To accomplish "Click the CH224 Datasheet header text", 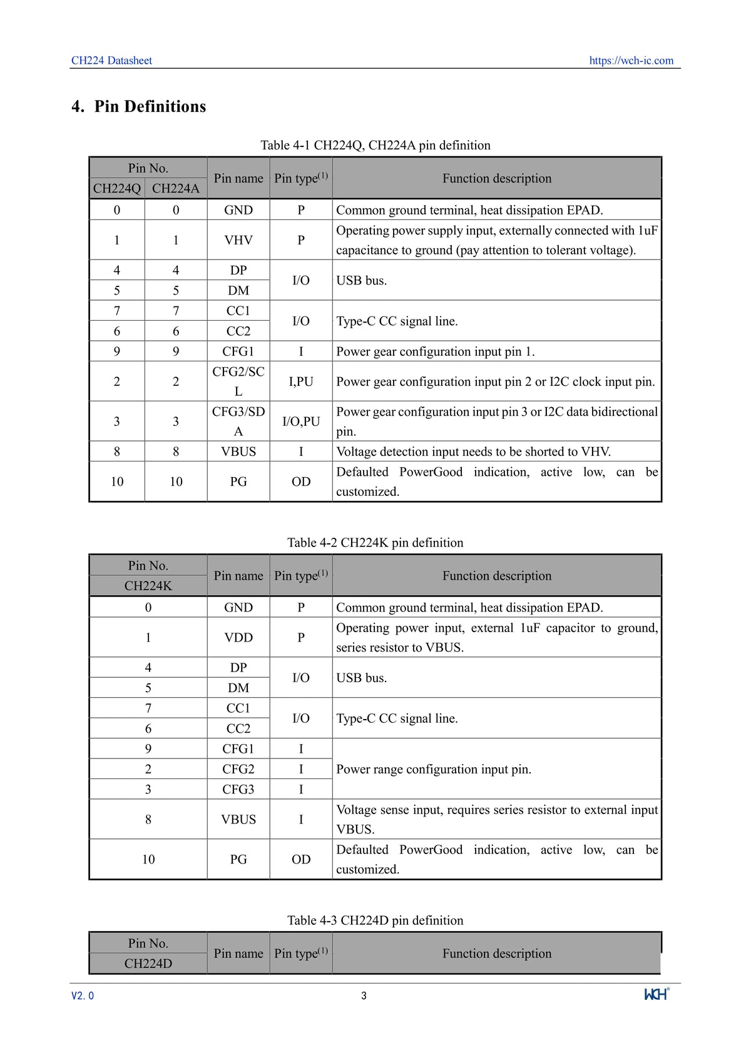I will [111, 61].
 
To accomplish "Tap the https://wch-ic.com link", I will [631, 61].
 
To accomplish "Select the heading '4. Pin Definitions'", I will [139, 106].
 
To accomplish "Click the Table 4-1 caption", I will [375, 145].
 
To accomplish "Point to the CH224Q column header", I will [117, 188].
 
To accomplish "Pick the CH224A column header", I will [176, 188].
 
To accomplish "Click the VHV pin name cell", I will [238, 240].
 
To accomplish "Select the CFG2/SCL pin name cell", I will [238, 381].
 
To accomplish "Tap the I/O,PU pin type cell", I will [301, 421].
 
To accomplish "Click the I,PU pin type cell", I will [301, 381].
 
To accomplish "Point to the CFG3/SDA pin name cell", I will [238, 421].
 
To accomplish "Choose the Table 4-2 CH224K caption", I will [375, 543].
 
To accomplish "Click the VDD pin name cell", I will [238, 638].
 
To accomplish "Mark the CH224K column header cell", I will [148, 586].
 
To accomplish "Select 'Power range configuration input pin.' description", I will [434, 769].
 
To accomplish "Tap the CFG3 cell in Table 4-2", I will [238, 790].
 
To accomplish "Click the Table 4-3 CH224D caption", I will [375, 920].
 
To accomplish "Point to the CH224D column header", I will [148, 963].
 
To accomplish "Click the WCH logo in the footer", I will [656, 994].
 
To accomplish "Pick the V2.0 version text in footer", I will [83, 996].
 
